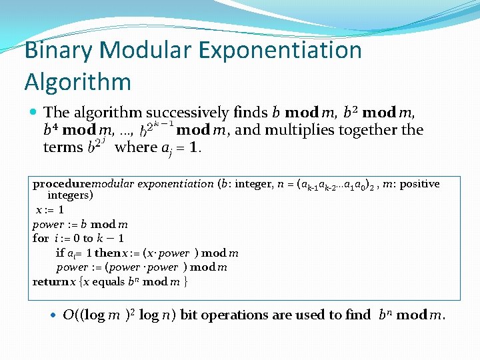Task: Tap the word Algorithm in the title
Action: tap(77, 81)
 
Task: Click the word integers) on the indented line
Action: tap(70, 195)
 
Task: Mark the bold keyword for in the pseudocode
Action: tap(41, 238)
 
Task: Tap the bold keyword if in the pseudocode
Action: tap(60, 253)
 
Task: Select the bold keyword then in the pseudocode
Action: tap(108, 253)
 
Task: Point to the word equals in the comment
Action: tap(103, 281)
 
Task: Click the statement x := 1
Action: tap(50, 209)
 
